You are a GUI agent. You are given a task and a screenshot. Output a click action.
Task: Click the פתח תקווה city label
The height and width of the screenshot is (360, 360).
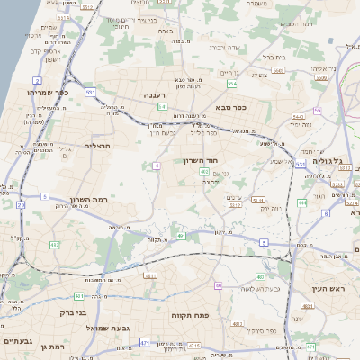click(x=189, y=317)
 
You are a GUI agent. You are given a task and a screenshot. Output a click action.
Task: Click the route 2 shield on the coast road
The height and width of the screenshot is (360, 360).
click(x=13, y=308)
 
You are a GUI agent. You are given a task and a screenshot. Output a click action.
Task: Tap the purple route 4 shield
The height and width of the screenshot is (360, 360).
click(x=157, y=166)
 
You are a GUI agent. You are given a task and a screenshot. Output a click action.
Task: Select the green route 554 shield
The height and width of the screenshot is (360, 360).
click(x=232, y=84)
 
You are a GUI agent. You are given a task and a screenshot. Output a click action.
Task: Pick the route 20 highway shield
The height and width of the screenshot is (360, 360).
click(x=20, y=204)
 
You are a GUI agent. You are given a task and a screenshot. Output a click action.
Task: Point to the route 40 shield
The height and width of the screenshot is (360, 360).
click(x=218, y=285)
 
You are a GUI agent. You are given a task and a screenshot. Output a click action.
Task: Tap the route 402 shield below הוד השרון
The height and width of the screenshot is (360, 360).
click(x=205, y=171)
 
